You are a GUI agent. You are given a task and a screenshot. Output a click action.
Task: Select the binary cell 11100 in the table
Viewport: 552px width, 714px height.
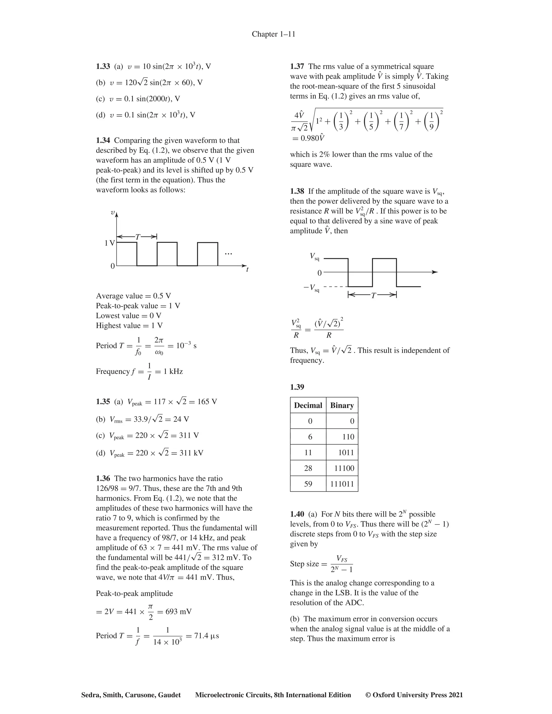[x=344, y=468]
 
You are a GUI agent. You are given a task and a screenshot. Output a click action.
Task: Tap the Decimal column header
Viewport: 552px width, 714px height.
[x=308, y=405]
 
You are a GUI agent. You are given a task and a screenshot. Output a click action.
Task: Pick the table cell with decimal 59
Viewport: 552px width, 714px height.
[x=308, y=484]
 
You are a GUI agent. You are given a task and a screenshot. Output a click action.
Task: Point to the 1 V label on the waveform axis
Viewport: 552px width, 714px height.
[x=109, y=243]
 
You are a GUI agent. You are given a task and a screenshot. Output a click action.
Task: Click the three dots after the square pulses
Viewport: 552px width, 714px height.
[x=228, y=254]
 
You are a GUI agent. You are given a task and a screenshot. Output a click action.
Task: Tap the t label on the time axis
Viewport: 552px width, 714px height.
[x=247, y=270]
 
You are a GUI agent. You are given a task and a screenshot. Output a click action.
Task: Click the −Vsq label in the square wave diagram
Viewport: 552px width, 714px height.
[x=311, y=288]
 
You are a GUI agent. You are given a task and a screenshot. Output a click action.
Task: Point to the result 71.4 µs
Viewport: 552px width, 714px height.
[x=207, y=636]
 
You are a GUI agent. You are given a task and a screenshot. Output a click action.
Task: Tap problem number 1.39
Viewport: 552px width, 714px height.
[x=297, y=387]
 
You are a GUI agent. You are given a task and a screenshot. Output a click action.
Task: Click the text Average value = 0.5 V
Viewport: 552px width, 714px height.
[x=133, y=296]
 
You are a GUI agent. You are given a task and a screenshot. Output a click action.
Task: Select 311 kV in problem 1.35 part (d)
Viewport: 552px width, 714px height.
[x=191, y=453]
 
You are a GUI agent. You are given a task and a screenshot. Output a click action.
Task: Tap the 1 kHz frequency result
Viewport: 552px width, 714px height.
[x=173, y=371]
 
